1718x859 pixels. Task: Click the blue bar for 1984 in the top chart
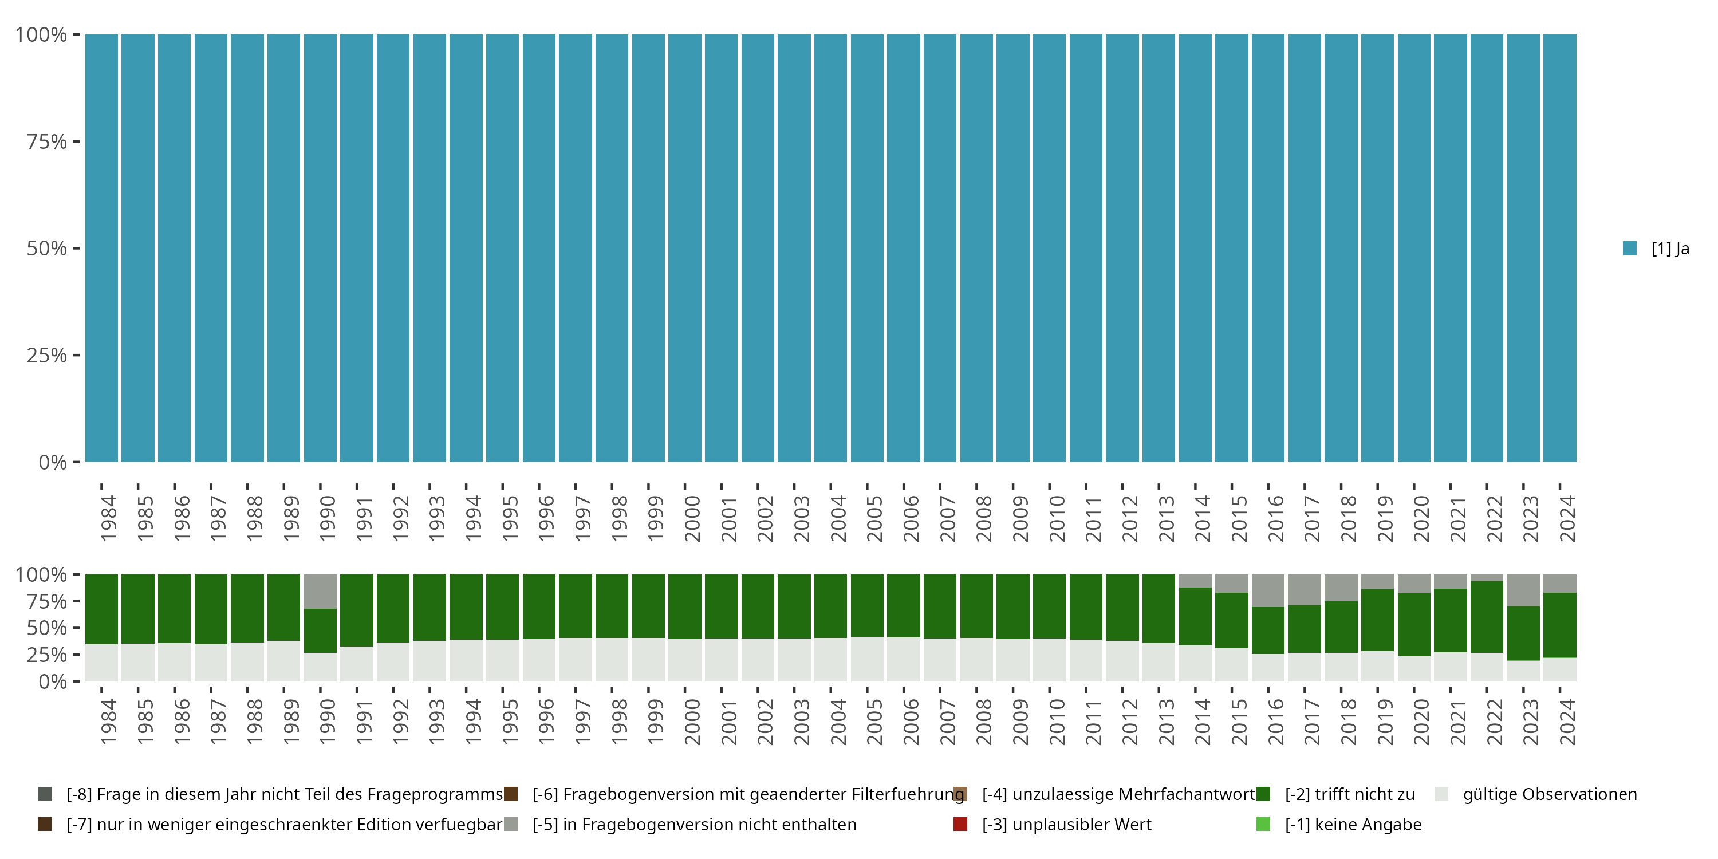pos(101,248)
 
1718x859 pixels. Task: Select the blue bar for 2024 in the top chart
pos(1559,248)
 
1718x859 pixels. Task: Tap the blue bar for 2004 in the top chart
pos(830,248)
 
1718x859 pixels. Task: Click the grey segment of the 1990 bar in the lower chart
pos(320,591)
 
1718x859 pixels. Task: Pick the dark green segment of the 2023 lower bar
pos(1523,633)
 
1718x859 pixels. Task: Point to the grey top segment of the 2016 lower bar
pos(1268,590)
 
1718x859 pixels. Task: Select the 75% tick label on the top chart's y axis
pos(47,141)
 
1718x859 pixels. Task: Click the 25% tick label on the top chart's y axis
pos(47,356)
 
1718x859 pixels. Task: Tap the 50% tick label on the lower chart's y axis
pos(47,628)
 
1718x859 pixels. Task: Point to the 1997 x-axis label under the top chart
pos(582,518)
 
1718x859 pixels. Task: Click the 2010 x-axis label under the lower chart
pos(1057,722)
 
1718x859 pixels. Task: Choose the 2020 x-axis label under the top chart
pos(1421,518)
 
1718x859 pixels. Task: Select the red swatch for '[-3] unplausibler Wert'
pos(960,824)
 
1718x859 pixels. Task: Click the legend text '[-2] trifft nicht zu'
pos(1349,794)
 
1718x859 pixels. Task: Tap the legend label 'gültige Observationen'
pos(1549,794)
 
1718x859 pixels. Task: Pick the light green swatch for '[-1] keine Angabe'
pos(1263,824)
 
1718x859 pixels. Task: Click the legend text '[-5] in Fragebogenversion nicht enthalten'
pos(694,824)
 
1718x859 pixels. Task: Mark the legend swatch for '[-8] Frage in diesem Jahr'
pos(45,794)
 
